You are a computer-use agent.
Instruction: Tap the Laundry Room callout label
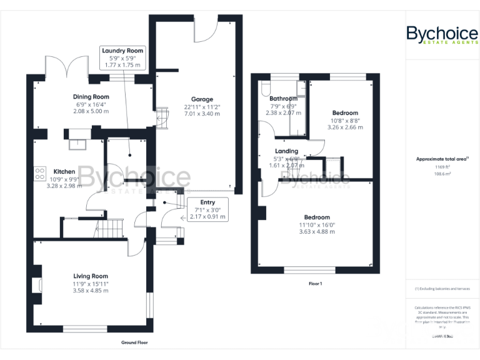(x=122, y=57)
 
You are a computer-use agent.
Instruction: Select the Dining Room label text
(x=91, y=97)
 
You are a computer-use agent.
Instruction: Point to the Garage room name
(x=202, y=99)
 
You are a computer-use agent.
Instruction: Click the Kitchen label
(x=64, y=171)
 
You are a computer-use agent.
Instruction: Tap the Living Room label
(x=91, y=276)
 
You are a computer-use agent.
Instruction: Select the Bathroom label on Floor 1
(x=283, y=99)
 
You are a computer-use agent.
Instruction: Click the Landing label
(x=286, y=151)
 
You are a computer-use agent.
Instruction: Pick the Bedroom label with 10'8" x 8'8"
(x=345, y=112)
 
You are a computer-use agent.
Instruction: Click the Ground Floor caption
(x=134, y=342)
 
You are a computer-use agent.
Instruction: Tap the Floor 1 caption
(x=315, y=284)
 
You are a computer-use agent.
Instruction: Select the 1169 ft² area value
(x=442, y=167)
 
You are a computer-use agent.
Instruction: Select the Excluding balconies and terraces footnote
(x=442, y=289)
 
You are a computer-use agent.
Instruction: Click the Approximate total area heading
(x=442, y=159)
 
